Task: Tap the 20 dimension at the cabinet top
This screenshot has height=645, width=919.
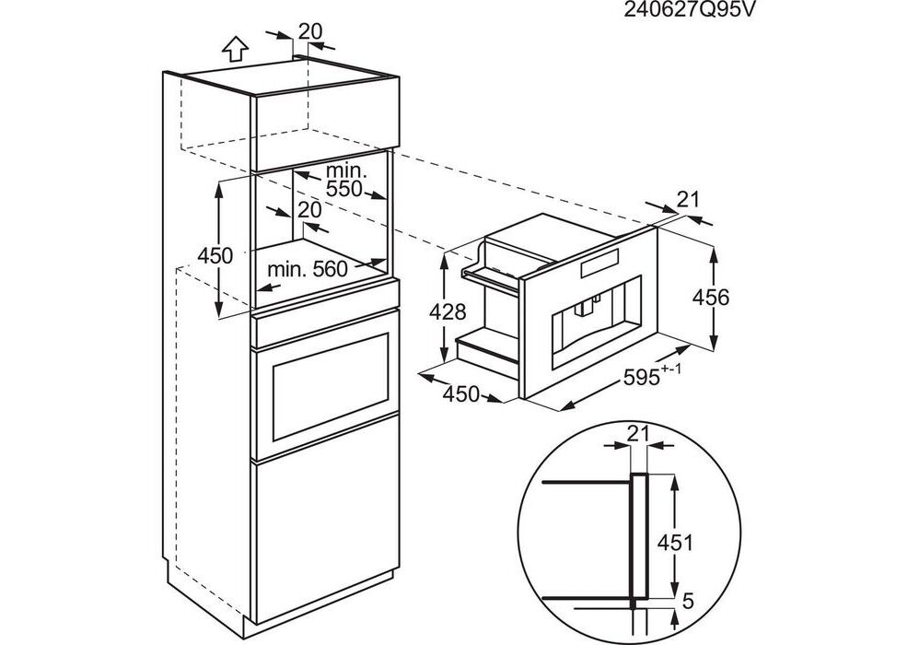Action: click(x=311, y=30)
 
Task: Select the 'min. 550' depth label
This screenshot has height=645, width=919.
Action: click(x=345, y=180)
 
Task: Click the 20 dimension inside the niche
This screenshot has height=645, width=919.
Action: click(x=309, y=210)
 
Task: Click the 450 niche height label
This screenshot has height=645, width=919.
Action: click(x=215, y=255)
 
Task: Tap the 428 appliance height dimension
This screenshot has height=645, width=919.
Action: click(x=448, y=311)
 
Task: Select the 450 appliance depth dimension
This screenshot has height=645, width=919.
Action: click(x=461, y=394)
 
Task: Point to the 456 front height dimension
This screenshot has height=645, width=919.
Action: click(x=710, y=297)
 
